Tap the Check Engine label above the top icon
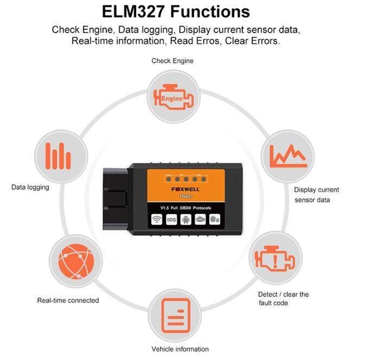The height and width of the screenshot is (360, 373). point(172,61)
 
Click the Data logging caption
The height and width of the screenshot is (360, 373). point(30,187)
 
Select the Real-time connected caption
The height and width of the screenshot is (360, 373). point(68,300)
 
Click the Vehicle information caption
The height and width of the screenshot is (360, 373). point(180,349)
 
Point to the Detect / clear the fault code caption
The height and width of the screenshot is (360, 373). point(283,298)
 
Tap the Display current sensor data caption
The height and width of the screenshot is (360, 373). point(316,195)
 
